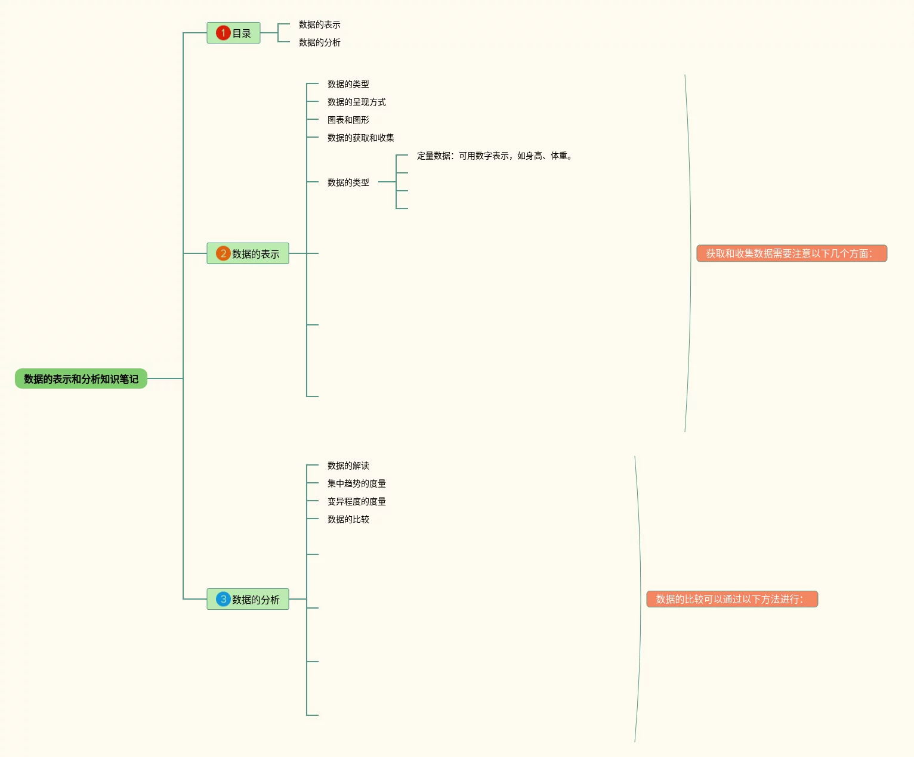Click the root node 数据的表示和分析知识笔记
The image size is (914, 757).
tap(81, 378)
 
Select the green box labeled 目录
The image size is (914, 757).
tap(233, 33)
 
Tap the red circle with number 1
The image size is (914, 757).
tap(223, 33)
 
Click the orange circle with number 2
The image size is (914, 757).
tap(223, 253)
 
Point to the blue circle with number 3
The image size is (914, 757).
tap(223, 598)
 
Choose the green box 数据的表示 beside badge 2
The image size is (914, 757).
tap(248, 253)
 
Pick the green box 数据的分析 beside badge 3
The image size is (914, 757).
tap(248, 599)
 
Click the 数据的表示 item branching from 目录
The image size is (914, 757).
tap(320, 24)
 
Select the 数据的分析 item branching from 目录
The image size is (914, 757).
tap(320, 42)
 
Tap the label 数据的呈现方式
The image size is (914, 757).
tap(357, 102)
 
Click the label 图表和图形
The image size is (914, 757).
tap(348, 120)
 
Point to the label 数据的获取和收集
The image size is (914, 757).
tap(361, 138)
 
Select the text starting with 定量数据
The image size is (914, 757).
tap(495, 156)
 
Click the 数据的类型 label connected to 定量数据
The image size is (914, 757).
tap(348, 182)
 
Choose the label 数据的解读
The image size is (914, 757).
tap(348, 466)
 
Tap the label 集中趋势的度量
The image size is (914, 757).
tap(357, 483)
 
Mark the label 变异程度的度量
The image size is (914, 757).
tap(357, 501)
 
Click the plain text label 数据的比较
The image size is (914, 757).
tap(348, 519)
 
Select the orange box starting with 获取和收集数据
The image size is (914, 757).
tap(792, 253)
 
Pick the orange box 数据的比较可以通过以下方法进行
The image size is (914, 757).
tap(733, 599)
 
